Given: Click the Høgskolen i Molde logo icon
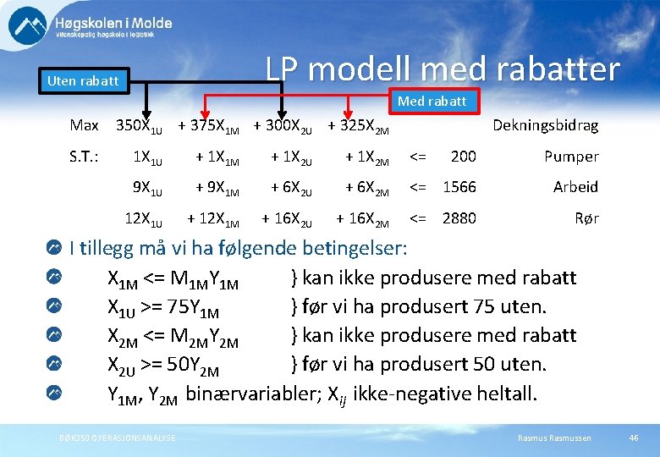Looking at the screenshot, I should tap(28, 27).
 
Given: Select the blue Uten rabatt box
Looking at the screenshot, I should tap(83, 81).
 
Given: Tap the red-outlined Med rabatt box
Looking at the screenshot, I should tap(432, 102).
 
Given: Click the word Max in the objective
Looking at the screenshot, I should tap(84, 125).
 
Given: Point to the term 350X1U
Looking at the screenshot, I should tap(139, 126).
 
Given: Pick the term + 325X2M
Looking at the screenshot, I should tap(358, 126).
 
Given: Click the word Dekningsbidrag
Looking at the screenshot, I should tap(545, 125).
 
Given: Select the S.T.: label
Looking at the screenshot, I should tap(85, 157).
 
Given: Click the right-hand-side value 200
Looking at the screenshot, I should tap(463, 157).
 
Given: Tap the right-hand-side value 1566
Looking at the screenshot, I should tap(459, 187).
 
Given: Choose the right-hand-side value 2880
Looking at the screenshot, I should tap(459, 218).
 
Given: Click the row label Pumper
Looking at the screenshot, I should tap(571, 157).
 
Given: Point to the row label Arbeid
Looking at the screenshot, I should tap(575, 187).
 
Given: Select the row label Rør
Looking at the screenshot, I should tap(586, 218).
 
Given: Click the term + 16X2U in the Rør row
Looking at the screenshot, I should tap(287, 219).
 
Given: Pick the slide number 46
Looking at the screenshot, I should tap(634, 438).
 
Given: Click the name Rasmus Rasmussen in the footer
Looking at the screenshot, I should tap(554, 438).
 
